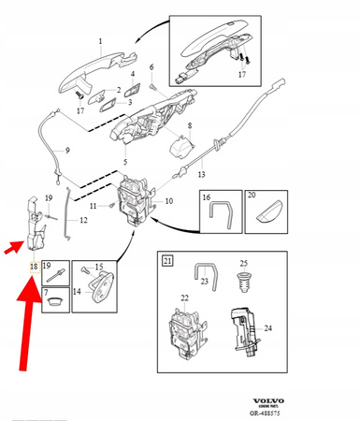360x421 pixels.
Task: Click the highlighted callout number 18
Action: (x=34, y=267)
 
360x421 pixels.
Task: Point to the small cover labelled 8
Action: (x=180, y=145)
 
